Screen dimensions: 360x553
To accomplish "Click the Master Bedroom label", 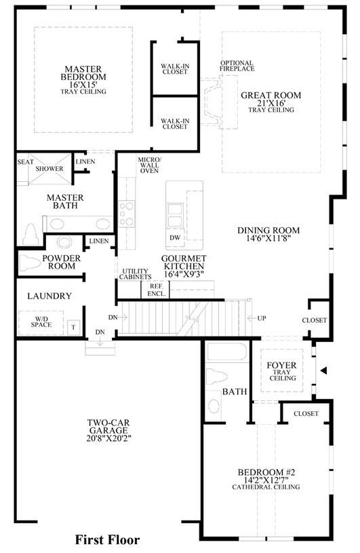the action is point(83,73).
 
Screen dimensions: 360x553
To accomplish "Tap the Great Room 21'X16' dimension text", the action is point(271,103).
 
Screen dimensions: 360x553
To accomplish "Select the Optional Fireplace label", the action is point(237,66).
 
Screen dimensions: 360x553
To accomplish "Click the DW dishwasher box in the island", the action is point(175,237).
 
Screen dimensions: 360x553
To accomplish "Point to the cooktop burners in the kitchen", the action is point(126,213).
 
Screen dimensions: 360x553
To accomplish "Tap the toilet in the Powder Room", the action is point(30,263).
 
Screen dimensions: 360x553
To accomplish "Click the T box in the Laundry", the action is point(73,327).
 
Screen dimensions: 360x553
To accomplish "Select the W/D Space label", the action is point(41,322).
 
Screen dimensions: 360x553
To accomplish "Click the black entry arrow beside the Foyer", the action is point(324,370).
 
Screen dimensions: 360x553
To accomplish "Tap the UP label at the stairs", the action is point(262,318).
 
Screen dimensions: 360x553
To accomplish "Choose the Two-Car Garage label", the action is point(108,426).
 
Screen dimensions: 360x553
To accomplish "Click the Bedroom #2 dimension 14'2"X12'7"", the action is point(266,480).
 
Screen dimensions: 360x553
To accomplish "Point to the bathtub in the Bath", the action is point(227,352).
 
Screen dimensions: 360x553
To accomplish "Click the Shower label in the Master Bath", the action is point(49,168).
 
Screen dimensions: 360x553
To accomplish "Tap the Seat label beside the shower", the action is point(26,162).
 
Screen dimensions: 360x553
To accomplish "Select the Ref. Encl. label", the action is point(157,290).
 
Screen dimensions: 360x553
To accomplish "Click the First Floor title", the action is point(107,539).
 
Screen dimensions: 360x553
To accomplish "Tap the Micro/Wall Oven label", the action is point(149,165).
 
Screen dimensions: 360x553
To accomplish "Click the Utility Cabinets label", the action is point(136,274).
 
